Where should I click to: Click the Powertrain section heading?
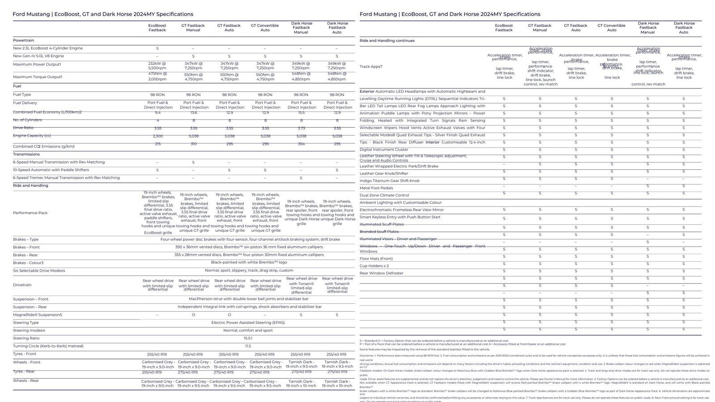[23, 40]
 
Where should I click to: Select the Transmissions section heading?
[26, 154]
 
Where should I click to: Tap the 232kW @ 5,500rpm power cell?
[157, 66]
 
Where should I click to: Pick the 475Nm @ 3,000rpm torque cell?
[157, 76]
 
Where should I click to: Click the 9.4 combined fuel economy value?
[157, 113]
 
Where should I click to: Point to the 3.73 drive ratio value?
[301, 128]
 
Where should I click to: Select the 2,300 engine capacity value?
[157, 136]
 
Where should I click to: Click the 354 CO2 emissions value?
[301, 144]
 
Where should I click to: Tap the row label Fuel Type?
[22, 95]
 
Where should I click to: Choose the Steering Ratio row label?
[26, 338]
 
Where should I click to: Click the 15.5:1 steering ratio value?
[248, 338]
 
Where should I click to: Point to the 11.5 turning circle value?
[248, 346]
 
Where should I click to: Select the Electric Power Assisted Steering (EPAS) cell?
[248, 322]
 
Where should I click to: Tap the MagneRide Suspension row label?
[38, 315]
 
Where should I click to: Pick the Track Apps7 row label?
[371, 67]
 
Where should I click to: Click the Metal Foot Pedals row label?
[376, 188]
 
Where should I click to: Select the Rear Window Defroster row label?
[382, 273]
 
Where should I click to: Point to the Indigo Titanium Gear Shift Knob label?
[390, 180]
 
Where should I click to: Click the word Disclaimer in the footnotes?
[366, 356]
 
